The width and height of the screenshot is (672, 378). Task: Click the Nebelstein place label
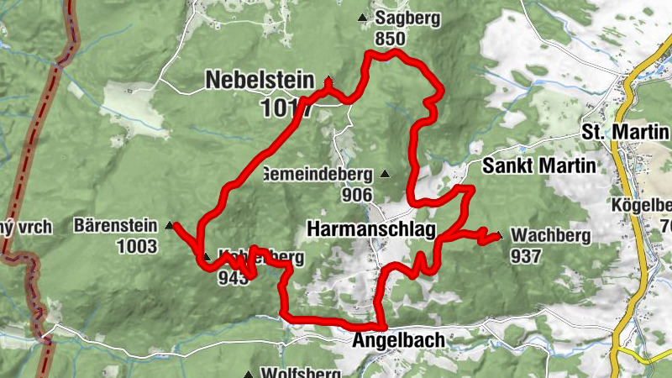[x=259, y=81]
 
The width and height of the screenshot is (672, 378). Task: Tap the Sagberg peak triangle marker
[x=363, y=17]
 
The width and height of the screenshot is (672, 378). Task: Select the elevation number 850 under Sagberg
[x=391, y=39]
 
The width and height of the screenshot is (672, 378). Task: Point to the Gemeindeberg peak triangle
[x=385, y=175]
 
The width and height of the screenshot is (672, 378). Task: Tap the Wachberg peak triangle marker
[x=500, y=236]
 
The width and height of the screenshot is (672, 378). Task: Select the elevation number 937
[x=525, y=256]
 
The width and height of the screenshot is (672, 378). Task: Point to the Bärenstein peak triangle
[x=170, y=225]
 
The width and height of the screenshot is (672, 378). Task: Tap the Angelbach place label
[x=398, y=342]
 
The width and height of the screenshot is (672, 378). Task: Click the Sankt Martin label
[x=538, y=165]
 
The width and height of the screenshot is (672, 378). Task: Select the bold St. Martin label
[x=625, y=133]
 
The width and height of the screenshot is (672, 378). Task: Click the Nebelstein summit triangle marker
[x=329, y=81]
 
